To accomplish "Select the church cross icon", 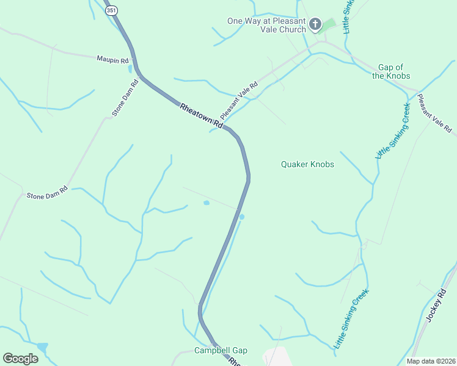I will (x=315, y=24).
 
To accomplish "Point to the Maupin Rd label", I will (x=112, y=60).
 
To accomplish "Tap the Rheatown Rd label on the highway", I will (x=201, y=114).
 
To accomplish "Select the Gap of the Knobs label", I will (x=390, y=71).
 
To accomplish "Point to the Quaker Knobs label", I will (x=307, y=164).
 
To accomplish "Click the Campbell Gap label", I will (x=221, y=350).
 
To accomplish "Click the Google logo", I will (x=20, y=359).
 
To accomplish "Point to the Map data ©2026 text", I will (x=431, y=361).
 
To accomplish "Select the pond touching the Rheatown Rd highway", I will (x=242, y=217).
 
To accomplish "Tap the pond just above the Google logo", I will (x=42, y=346).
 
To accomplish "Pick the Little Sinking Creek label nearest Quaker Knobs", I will (x=392, y=131).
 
